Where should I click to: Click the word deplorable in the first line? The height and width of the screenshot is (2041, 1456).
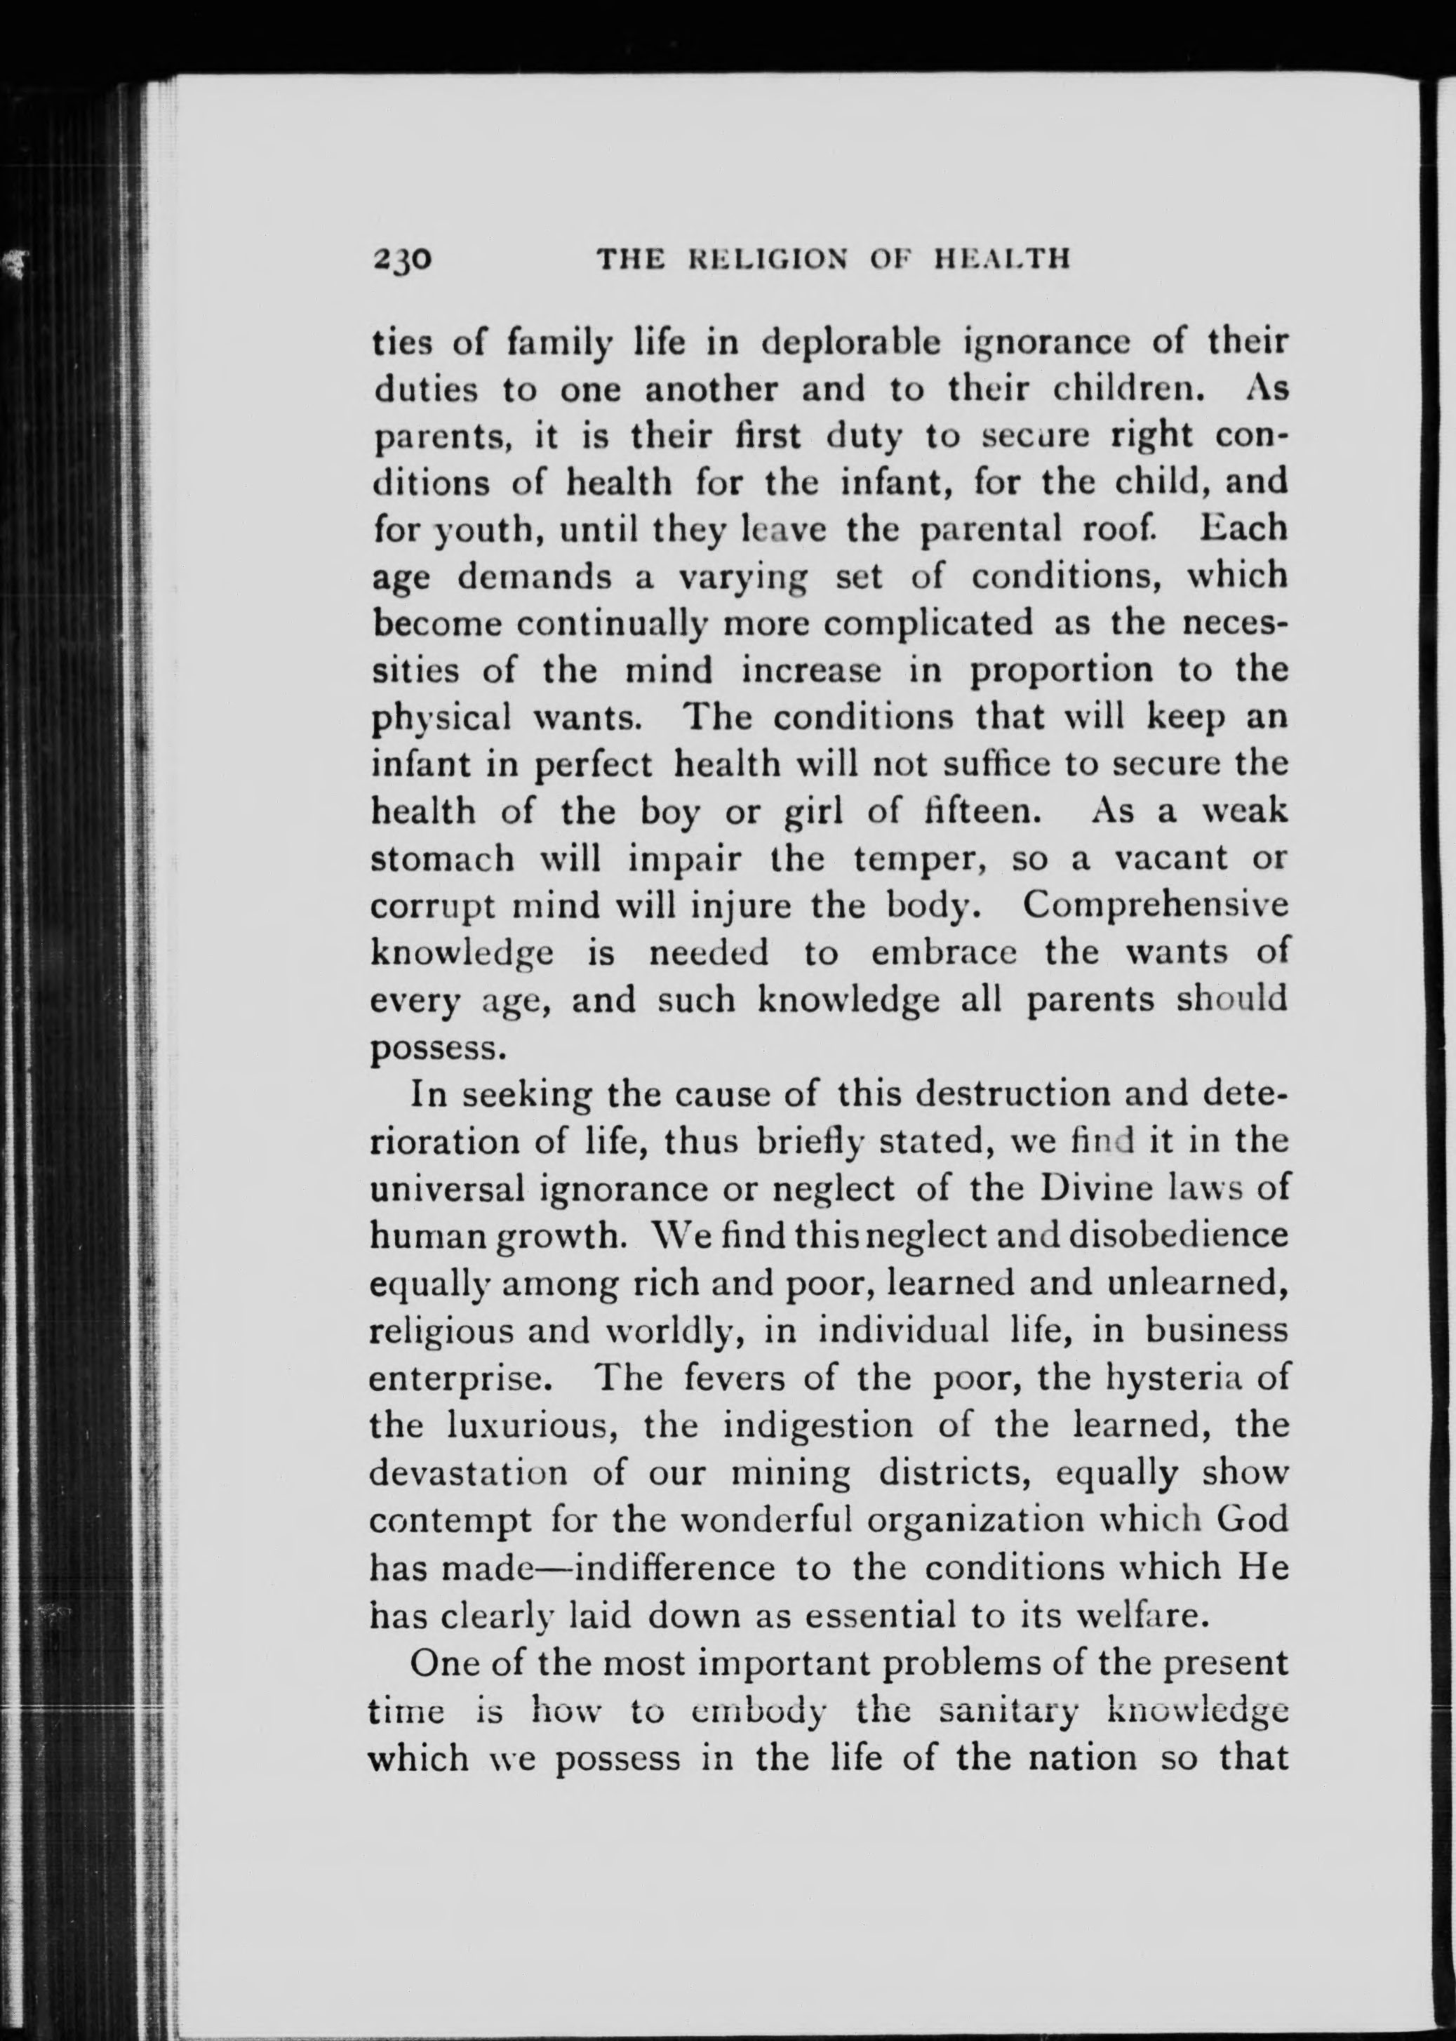point(824,345)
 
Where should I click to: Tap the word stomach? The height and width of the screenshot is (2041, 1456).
point(442,858)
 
